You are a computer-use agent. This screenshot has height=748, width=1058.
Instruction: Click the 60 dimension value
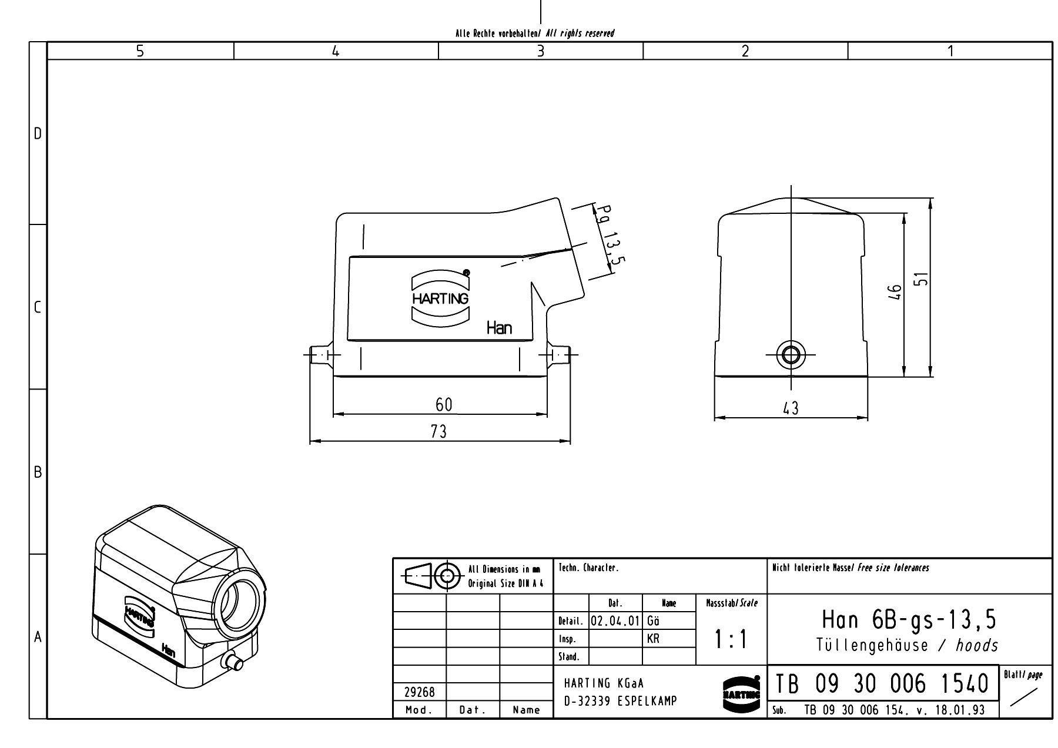click(444, 404)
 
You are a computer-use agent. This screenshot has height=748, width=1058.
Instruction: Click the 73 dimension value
click(438, 432)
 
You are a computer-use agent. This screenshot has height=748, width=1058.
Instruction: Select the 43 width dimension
click(791, 408)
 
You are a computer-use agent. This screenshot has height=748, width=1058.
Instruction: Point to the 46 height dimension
click(895, 291)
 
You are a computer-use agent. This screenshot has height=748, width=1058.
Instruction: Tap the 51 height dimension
click(923, 279)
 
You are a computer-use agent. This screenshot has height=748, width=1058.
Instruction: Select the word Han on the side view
click(499, 328)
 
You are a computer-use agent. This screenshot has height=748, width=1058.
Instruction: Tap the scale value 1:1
click(731, 639)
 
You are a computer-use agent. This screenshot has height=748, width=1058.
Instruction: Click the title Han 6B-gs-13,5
click(909, 619)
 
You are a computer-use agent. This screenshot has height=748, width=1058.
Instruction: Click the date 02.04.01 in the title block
click(614, 621)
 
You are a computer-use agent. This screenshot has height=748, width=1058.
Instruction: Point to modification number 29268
click(419, 693)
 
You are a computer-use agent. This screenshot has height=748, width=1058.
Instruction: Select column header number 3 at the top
click(541, 51)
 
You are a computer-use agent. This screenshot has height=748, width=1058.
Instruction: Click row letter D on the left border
click(38, 134)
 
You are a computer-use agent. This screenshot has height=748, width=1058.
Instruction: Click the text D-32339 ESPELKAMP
click(620, 701)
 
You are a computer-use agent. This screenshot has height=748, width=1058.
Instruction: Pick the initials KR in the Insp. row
click(653, 639)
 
